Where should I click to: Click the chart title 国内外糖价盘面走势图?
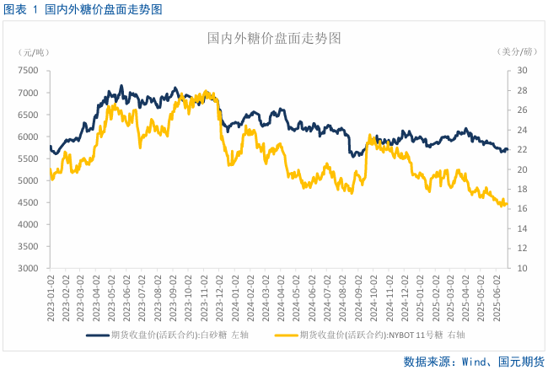pyautogui.click(x=274, y=39)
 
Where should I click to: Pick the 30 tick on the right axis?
pyautogui.click(x=522, y=71)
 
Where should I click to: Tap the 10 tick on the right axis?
pyautogui.click(x=522, y=268)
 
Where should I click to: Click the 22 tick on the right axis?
pyautogui.click(x=522, y=150)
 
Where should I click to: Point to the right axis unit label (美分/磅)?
pyautogui.click(x=517, y=52)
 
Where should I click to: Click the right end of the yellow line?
pyautogui.click(x=507, y=204)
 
